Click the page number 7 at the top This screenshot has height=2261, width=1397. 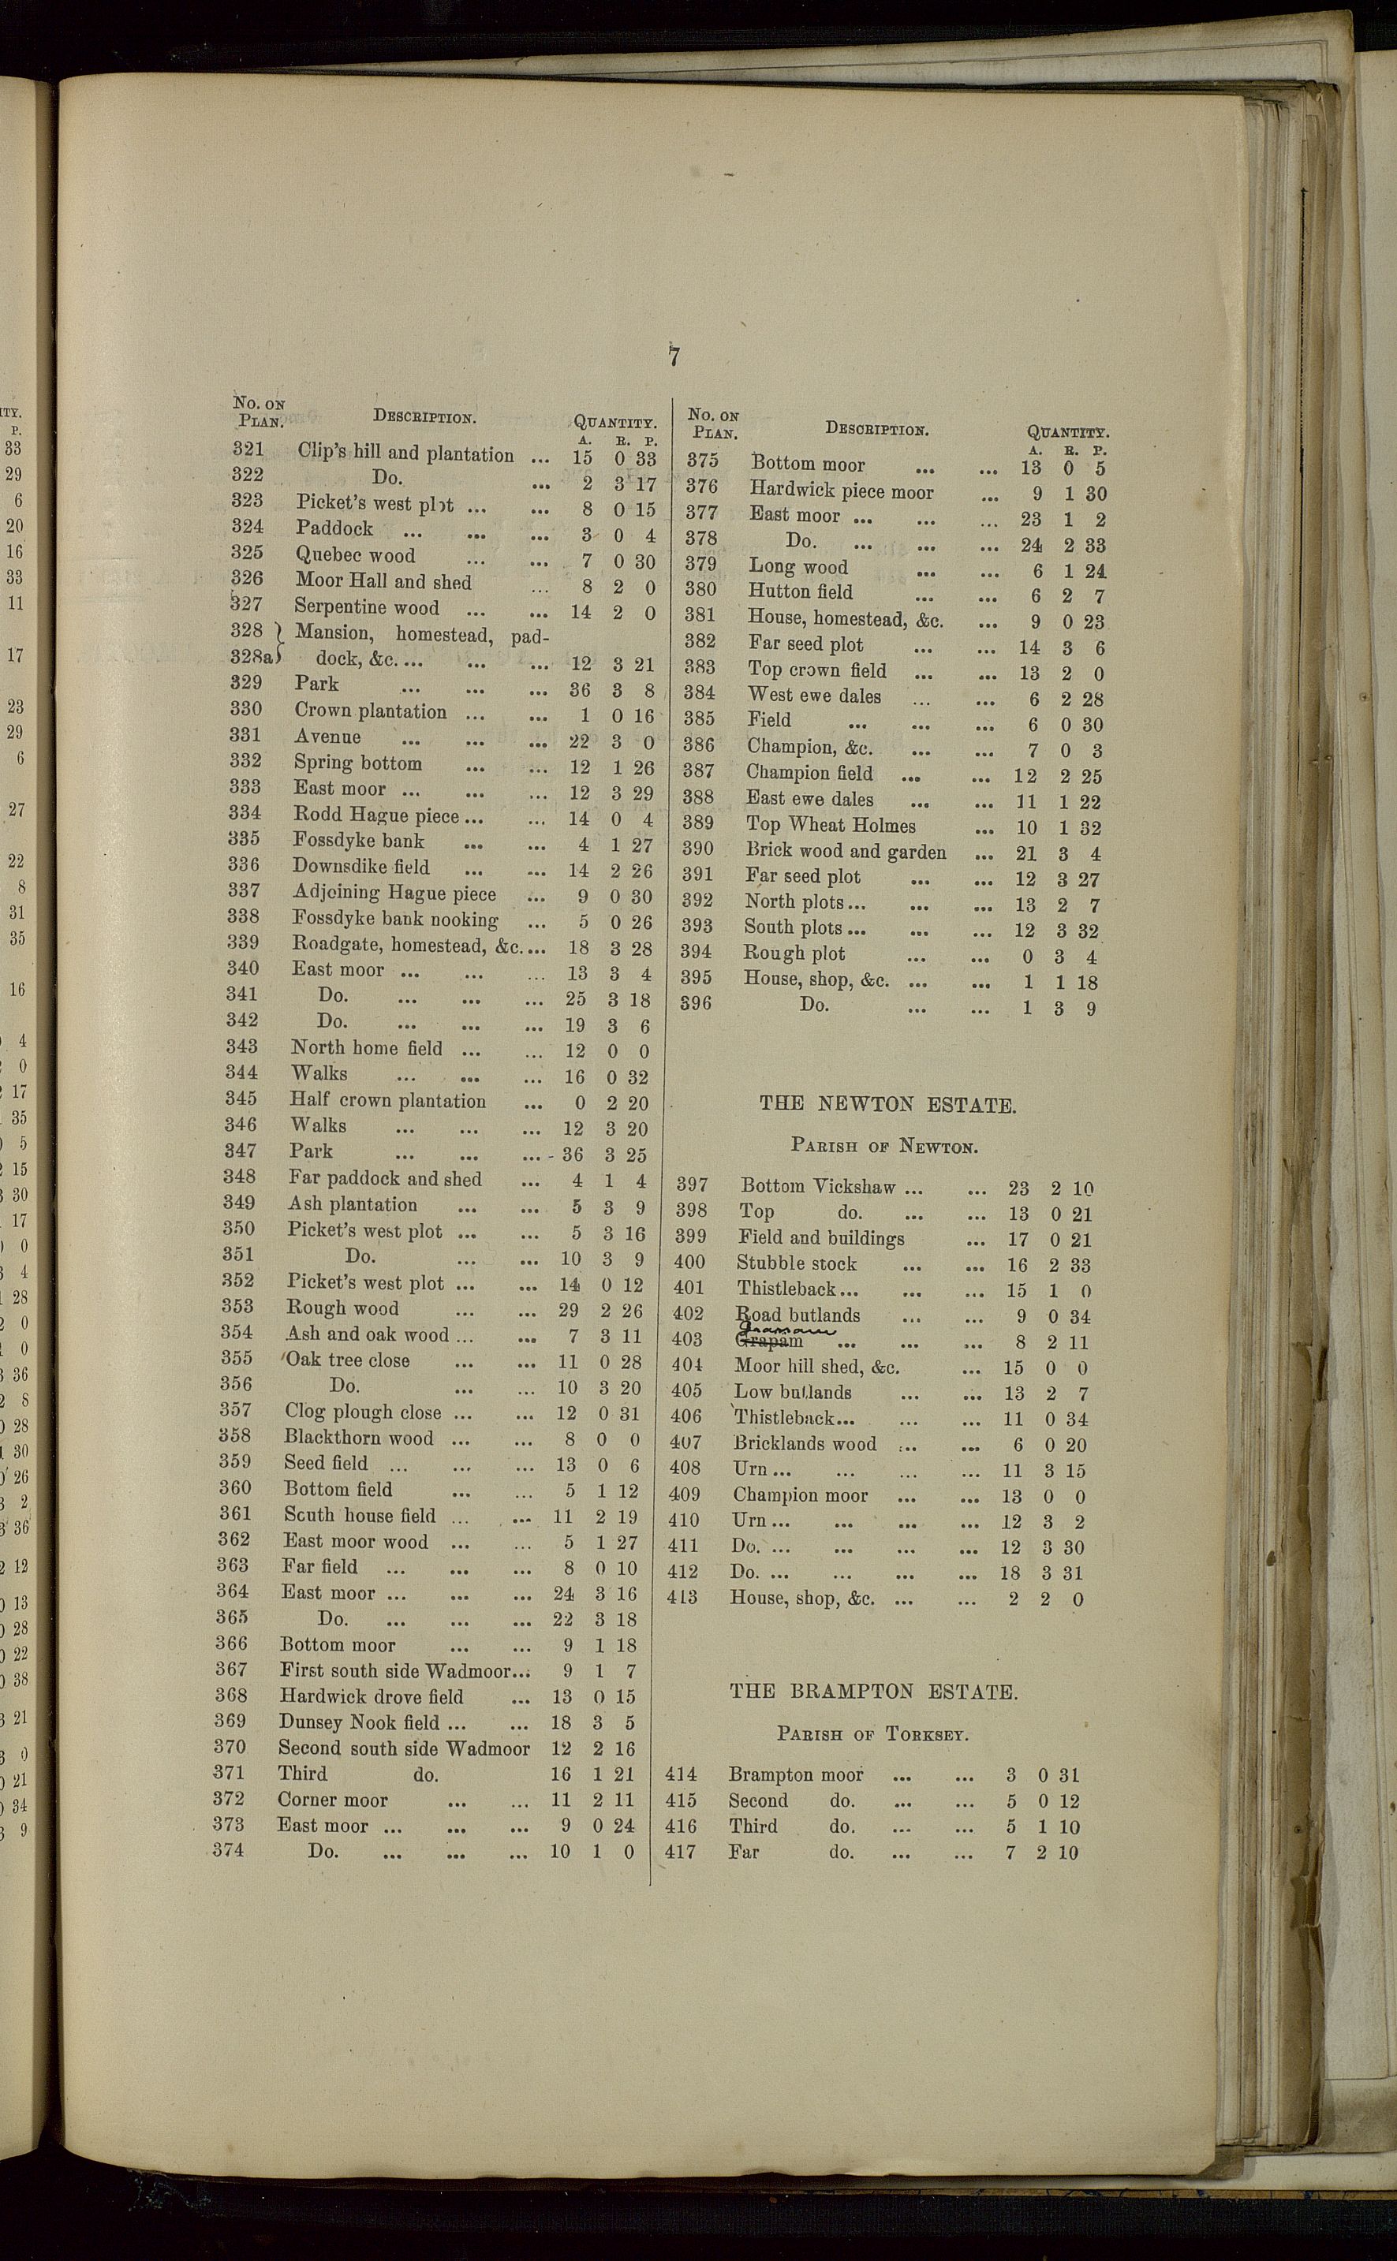tap(674, 356)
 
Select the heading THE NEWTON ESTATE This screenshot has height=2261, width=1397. tap(887, 1105)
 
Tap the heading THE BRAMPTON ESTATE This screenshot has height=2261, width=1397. tap(873, 1692)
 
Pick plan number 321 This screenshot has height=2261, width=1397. tap(248, 450)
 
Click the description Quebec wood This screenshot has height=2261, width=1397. tap(355, 555)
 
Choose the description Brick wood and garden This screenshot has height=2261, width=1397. tap(846, 852)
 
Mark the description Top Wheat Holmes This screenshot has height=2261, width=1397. tap(831, 826)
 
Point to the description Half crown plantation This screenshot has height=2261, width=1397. tap(387, 1100)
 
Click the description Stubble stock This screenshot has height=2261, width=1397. tap(797, 1263)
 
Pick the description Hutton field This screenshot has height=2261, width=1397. tap(800, 592)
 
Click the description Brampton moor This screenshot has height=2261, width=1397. tap(795, 1774)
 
